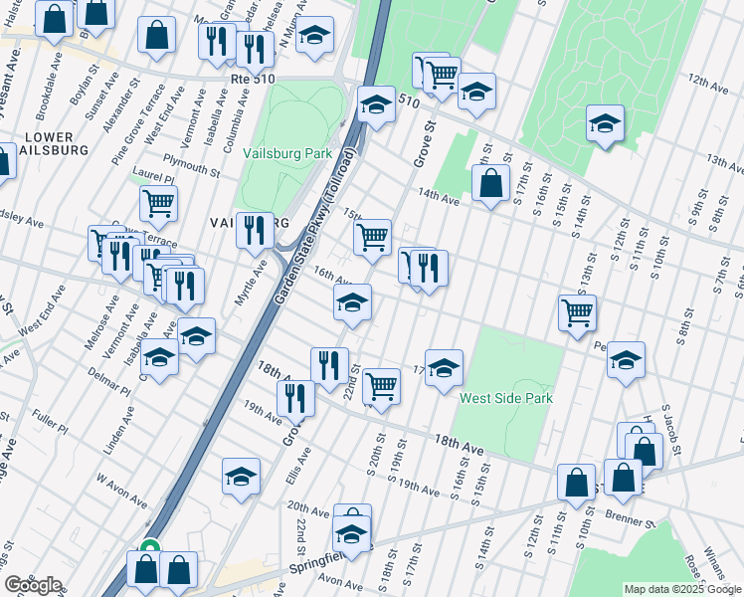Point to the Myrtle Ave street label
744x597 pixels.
(x=258, y=283)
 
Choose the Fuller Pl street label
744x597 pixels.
(x=49, y=428)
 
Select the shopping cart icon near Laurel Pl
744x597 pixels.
(x=158, y=203)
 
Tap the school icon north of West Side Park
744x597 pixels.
(x=444, y=367)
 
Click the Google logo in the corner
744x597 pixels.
(x=33, y=585)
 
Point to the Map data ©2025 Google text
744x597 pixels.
(x=681, y=589)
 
